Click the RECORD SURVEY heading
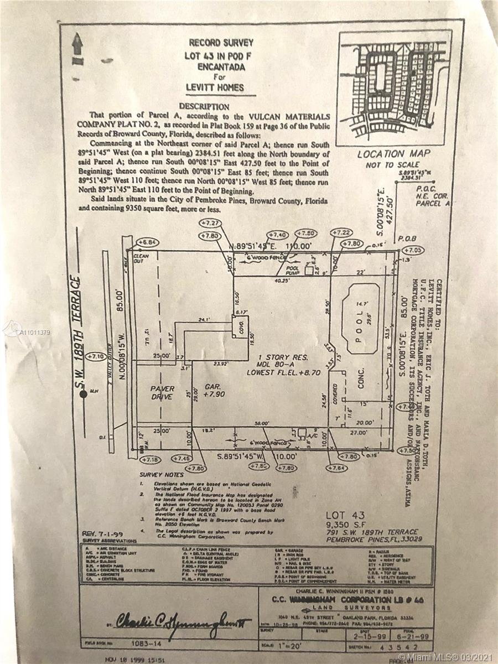(221, 43)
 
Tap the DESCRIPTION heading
(205, 106)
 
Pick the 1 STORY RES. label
(280, 357)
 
